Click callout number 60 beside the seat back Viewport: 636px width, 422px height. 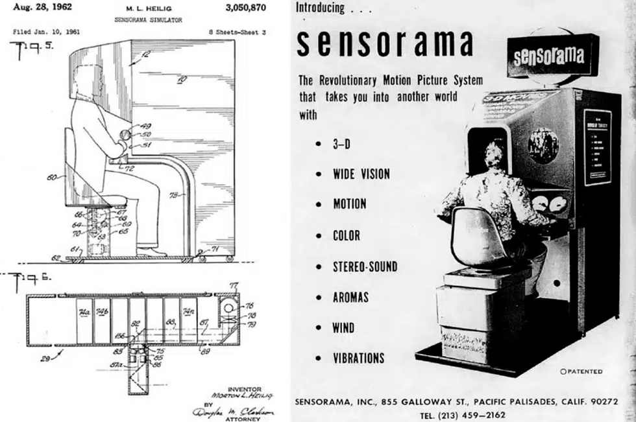coord(51,176)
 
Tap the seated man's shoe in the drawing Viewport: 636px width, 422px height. coord(153,251)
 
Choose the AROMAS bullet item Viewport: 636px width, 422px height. coord(350,297)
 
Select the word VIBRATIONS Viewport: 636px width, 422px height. coord(358,358)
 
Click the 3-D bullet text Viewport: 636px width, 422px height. coord(341,143)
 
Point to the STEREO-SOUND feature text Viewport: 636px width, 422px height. coord(365,266)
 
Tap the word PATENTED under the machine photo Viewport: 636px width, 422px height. coord(583,371)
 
